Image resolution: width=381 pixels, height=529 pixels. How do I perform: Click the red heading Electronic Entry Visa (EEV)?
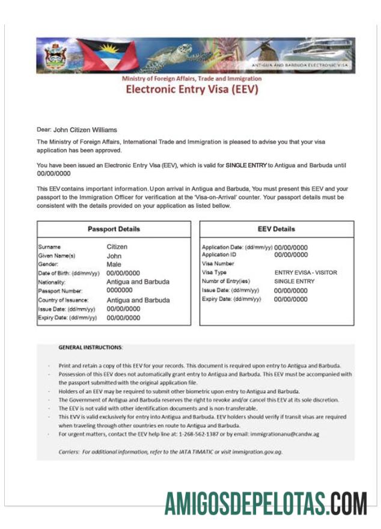point(191,90)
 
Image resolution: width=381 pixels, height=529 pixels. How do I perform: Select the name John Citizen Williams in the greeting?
point(85,129)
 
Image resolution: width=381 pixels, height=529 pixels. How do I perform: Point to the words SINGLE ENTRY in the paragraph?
point(246,165)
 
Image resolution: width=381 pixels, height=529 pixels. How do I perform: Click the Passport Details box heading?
point(114,229)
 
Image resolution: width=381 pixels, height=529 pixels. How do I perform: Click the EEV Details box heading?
point(276,229)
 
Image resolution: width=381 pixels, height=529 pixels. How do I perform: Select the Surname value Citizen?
point(117,246)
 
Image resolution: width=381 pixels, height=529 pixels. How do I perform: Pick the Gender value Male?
point(114,264)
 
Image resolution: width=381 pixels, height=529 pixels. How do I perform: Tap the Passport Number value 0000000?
point(119,291)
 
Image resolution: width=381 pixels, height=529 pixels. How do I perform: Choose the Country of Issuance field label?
point(64,300)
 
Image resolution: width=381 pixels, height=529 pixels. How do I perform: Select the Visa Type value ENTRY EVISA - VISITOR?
point(306,272)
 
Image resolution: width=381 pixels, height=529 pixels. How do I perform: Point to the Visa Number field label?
point(218,263)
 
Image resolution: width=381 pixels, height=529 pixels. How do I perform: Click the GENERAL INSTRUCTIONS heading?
point(91,347)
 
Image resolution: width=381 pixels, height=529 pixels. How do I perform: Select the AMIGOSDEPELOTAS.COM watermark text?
point(266,503)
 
